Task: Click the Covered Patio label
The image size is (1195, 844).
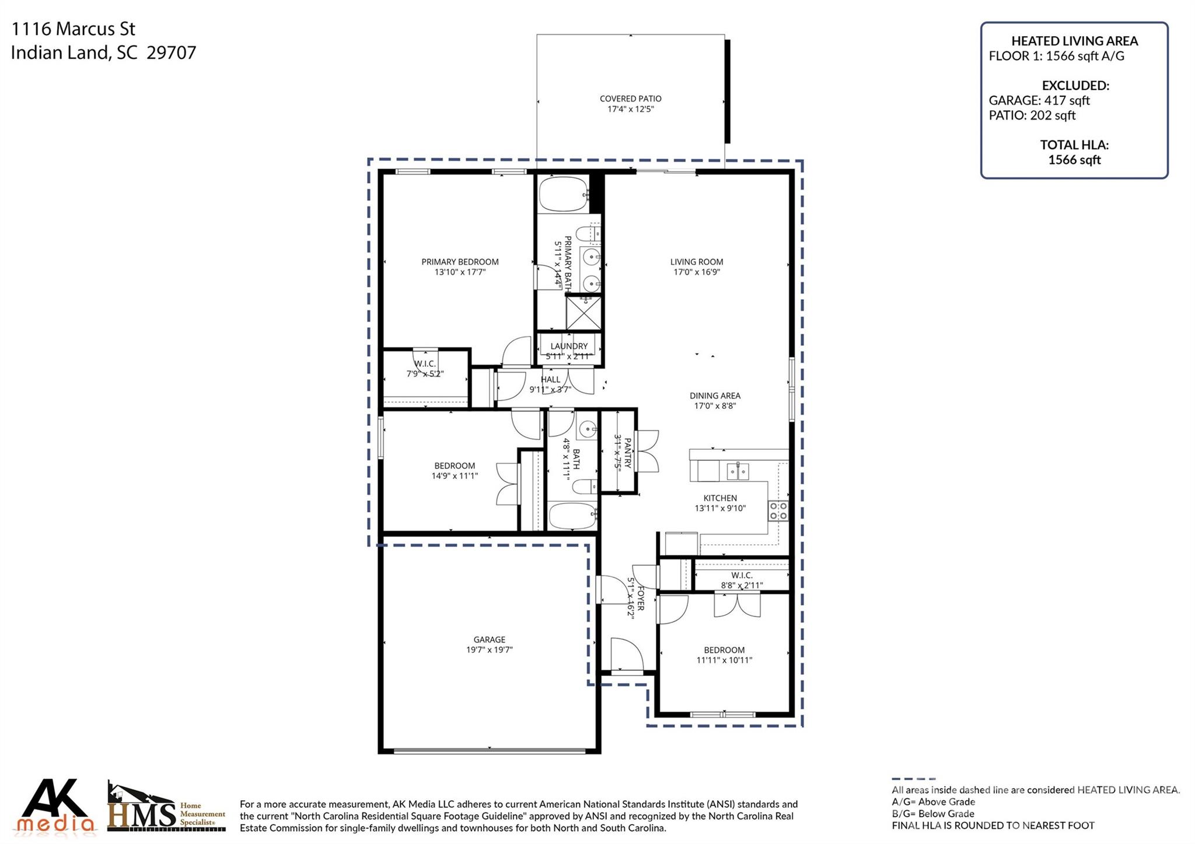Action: coord(630,99)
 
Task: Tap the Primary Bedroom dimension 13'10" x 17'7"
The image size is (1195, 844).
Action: coord(460,272)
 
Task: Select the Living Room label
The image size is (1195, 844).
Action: coord(696,262)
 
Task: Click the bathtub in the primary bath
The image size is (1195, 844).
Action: coord(563,194)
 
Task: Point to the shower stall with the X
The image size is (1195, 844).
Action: coord(583,313)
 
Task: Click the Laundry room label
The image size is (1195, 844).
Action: coord(569,346)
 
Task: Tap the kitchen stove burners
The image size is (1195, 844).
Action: coord(778,511)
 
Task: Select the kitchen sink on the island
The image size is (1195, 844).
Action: coord(738,470)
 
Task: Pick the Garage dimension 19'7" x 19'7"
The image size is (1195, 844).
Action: coord(489,650)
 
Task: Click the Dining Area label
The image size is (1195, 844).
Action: coord(715,395)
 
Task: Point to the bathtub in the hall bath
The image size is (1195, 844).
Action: coord(572,516)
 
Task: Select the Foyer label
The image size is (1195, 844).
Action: coord(640,598)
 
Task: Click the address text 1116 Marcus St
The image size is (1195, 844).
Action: coord(74,29)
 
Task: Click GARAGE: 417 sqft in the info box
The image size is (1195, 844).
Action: coord(1039,100)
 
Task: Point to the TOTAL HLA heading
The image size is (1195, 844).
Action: coord(1074,145)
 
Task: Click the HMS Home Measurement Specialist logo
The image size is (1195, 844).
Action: coord(166,808)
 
